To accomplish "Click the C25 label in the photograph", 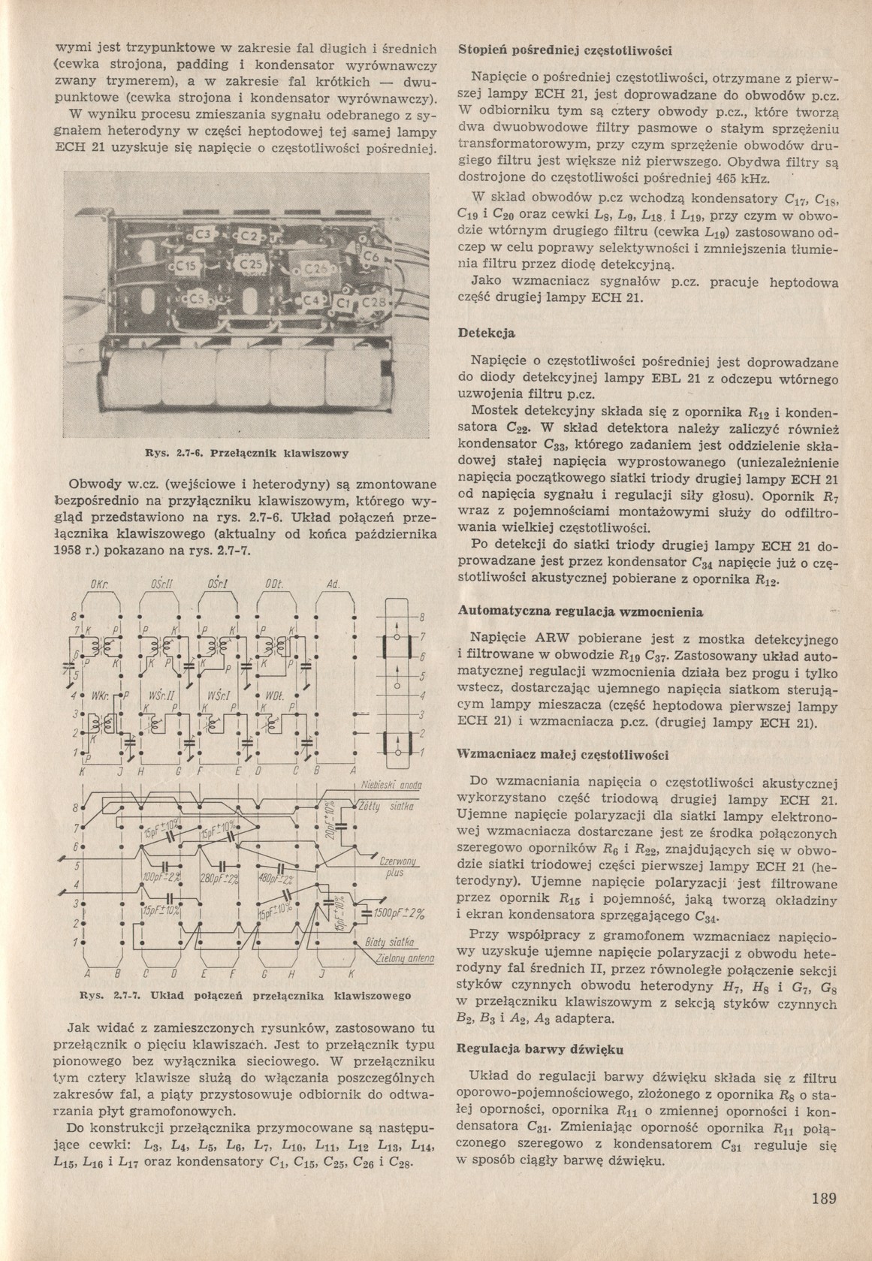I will [x=250, y=265].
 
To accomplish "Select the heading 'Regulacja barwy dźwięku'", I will [x=539, y=1048].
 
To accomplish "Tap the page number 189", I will [x=823, y=1198].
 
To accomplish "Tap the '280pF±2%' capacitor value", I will [x=219, y=879].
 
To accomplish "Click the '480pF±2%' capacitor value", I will [x=279, y=879].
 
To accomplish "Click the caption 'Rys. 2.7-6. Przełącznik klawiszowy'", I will [x=247, y=454].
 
